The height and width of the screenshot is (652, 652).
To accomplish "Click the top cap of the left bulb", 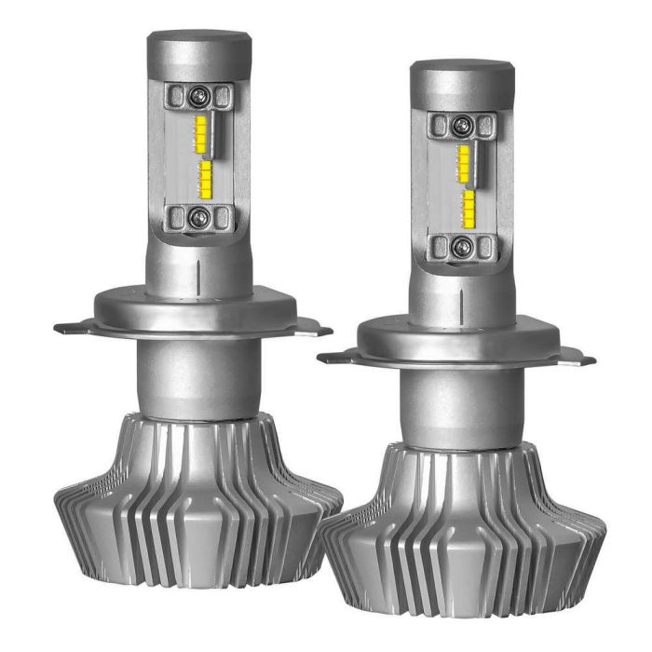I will tap(199, 47).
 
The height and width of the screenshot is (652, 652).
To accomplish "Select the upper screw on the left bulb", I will tap(199, 95).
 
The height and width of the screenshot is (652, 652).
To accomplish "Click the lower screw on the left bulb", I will tap(198, 218).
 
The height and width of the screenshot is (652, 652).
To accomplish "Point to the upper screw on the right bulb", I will tap(462, 125).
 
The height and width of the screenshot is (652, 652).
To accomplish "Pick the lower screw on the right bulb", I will tap(461, 246).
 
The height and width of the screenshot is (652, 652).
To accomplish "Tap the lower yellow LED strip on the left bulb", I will tap(206, 179).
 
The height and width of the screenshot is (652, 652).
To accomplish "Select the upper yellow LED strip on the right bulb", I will tap(463, 162).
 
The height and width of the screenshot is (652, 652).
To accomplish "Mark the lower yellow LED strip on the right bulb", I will tap(469, 206).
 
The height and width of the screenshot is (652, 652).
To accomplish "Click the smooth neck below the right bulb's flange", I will tap(459, 405).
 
